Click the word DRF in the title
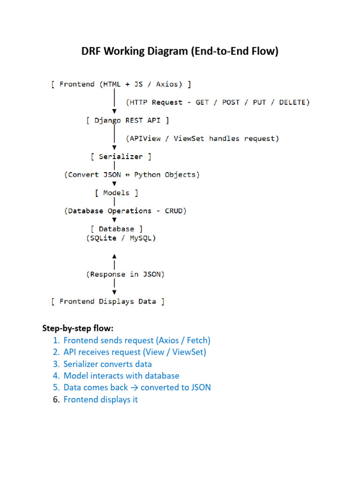click(x=91, y=51)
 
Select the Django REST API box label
click(x=127, y=120)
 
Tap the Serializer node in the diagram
click(x=121, y=157)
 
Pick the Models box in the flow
click(x=116, y=193)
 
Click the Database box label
click(x=116, y=229)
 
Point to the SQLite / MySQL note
click(x=121, y=238)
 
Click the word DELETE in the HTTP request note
click(x=292, y=102)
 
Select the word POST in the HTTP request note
click(x=231, y=102)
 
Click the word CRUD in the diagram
click(x=173, y=211)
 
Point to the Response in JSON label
click(x=125, y=274)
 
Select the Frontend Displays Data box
click(x=108, y=301)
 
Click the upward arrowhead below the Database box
click(x=114, y=256)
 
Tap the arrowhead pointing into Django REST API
click(x=114, y=111)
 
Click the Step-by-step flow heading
click(x=78, y=328)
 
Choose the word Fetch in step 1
click(x=197, y=340)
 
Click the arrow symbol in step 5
click(x=134, y=388)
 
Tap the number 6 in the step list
click(x=56, y=399)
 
